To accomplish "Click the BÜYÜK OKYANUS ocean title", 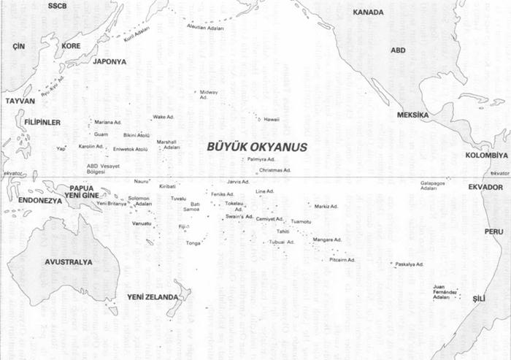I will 257,147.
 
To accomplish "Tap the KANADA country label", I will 368,12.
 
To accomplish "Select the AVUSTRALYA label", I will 69,262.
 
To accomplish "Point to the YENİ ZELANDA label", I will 153,297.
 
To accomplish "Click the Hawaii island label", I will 272,119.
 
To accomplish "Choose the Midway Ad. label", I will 209,94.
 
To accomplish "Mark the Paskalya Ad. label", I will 410,264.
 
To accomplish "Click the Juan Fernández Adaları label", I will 445,292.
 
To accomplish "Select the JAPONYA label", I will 109,61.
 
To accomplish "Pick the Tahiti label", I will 283,231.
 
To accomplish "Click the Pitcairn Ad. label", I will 342,259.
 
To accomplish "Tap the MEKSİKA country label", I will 412,115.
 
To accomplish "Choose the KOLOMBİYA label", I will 486,156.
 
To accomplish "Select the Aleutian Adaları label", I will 207,28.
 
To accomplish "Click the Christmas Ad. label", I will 274,170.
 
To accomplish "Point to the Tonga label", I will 193,243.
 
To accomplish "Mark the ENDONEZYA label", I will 40,199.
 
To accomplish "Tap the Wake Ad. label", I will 164,117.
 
